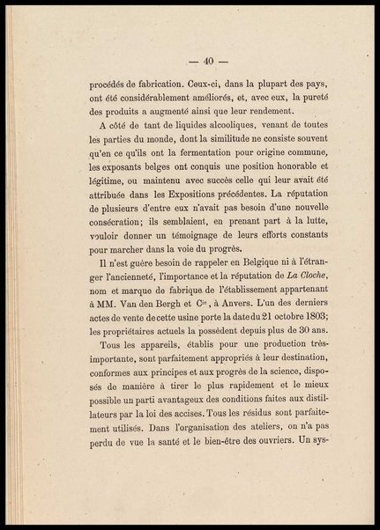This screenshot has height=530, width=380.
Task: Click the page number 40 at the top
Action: pos(209,61)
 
